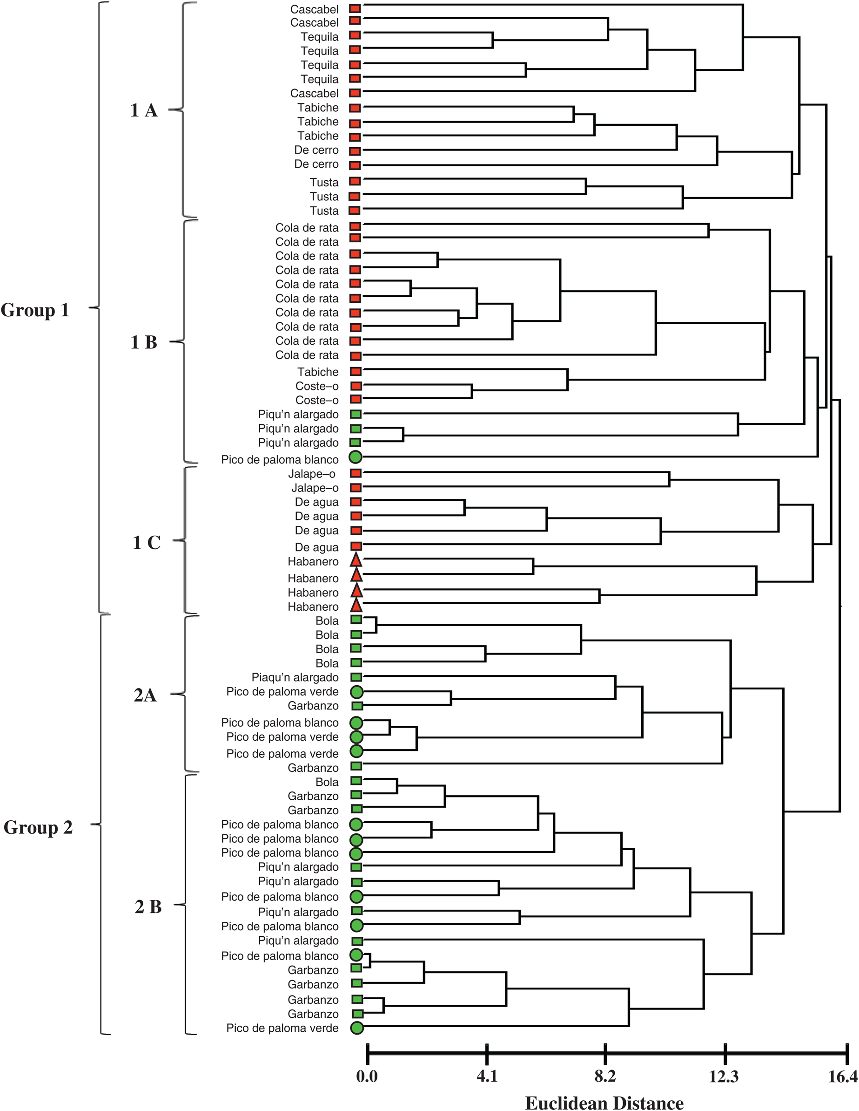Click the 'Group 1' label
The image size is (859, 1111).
point(35,310)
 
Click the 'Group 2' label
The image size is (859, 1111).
point(38,828)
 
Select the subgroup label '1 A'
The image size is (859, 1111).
point(144,110)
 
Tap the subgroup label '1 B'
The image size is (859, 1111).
point(144,342)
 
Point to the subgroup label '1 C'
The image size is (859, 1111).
point(147,543)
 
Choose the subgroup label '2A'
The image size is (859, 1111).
point(145,695)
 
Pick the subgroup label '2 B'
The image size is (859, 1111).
point(148,906)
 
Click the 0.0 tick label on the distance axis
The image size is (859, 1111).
point(367,1077)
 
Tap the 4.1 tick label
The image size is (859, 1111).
point(487,1077)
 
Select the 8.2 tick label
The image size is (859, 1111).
point(605,1077)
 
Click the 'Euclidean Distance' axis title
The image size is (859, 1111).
point(604,1102)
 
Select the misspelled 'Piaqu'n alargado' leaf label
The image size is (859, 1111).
point(295,678)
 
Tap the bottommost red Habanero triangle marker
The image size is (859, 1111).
point(356,606)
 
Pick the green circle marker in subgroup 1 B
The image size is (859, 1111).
point(356,457)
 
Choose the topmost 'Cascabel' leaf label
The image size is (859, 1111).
point(314,9)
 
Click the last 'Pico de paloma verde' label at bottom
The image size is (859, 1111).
point(282,1028)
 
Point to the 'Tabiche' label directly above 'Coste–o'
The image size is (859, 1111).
point(318,372)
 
